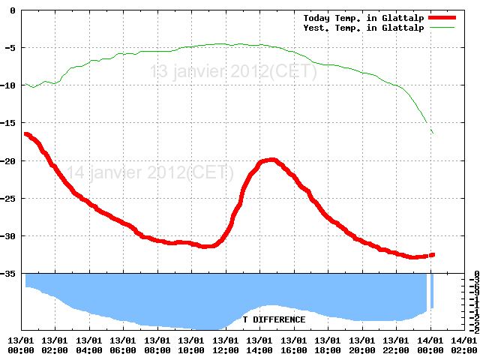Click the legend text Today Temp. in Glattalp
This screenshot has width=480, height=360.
click(364, 17)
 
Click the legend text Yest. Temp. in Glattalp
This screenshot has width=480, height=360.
click(364, 28)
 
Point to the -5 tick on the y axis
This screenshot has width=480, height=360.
click(13, 47)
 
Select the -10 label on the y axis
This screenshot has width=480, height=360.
click(10, 85)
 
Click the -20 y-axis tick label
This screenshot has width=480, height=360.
click(10, 160)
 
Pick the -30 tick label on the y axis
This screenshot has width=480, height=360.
click(10, 235)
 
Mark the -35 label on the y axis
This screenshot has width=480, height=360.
click(10, 273)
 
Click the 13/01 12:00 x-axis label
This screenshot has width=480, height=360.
click(226, 345)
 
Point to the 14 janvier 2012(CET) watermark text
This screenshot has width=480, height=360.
click(150, 172)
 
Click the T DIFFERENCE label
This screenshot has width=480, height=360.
click(274, 319)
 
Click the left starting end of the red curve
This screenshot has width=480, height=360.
click(26, 133)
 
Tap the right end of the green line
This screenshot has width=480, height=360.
click(433, 133)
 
